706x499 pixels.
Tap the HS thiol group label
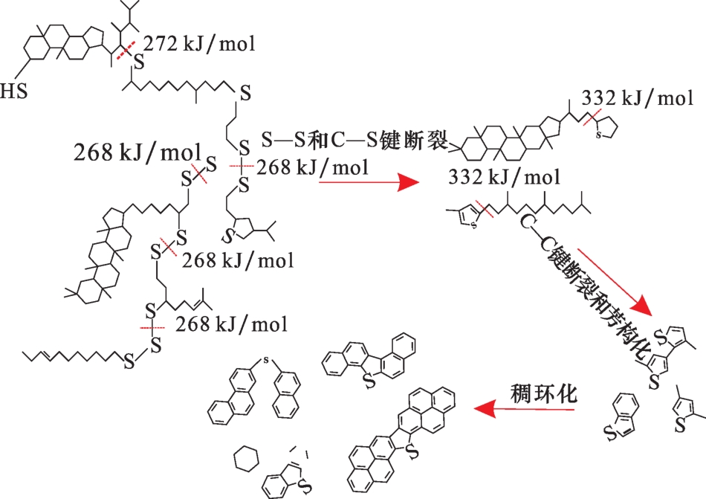click(14, 91)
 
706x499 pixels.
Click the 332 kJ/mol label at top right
click(637, 99)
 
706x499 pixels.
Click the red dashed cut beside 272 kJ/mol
click(126, 50)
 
